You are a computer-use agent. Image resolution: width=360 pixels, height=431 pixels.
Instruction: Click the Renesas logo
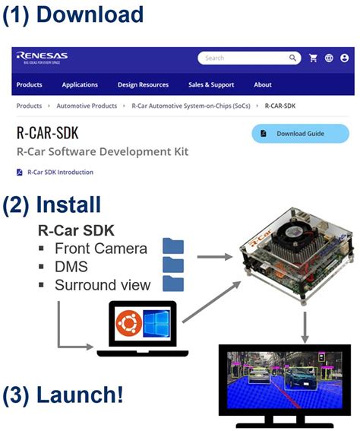[42, 58]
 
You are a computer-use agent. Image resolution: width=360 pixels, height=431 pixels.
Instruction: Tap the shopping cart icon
[313, 58]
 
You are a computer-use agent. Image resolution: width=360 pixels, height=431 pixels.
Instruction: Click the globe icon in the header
[329, 58]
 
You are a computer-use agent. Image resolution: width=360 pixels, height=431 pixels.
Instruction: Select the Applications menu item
[80, 84]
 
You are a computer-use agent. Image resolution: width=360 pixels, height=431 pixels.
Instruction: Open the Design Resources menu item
[143, 84]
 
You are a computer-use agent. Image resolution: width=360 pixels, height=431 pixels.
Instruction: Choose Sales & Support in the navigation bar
[211, 84]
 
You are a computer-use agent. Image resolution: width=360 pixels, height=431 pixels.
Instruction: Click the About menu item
[263, 84]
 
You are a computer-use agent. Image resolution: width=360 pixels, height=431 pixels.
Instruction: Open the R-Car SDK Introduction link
[60, 172]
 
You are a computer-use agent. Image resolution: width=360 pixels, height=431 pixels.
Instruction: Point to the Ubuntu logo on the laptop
[128, 325]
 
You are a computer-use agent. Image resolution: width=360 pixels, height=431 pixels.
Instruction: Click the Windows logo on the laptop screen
[158, 325]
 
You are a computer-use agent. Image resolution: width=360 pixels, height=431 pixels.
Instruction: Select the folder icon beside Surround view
[173, 284]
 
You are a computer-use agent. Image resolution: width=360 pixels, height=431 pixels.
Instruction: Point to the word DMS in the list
[71, 266]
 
